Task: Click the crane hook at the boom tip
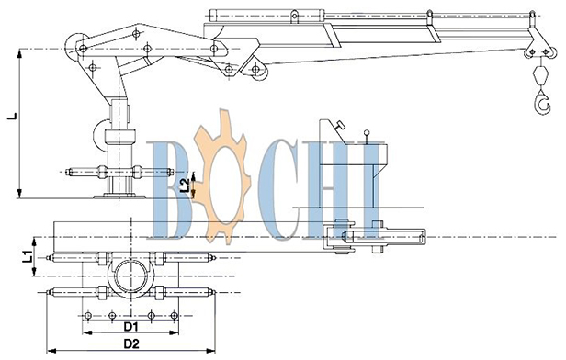(540, 103)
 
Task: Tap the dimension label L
(12, 116)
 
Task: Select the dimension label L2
(185, 185)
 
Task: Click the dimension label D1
(131, 326)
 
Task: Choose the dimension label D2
(131, 343)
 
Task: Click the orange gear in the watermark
(221, 176)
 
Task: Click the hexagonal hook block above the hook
(540, 74)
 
